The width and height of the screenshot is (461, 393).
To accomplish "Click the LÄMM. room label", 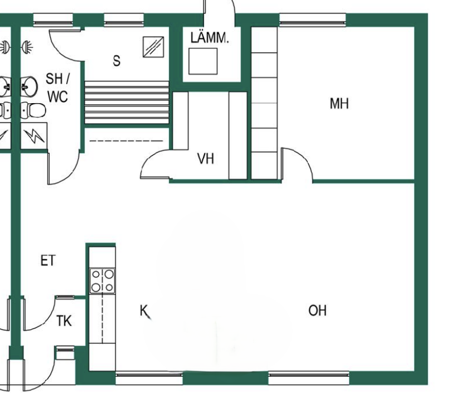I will click(209, 38).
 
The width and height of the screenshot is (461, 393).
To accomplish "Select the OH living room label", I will click(318, 310).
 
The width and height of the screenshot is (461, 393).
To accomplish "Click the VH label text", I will click(206, 160).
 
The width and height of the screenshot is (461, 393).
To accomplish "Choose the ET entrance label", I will click(48, 260).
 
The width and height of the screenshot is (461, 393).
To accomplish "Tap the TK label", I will click(64, 321).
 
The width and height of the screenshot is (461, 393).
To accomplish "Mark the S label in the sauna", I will click(117, 61).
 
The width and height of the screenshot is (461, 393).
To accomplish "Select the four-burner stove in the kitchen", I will click(103, 280).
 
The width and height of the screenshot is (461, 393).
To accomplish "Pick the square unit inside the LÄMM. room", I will click(202, 61).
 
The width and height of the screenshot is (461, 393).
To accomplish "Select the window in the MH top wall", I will click(312, 22).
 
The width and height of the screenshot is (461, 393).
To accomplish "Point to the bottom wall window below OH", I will click(308, 377).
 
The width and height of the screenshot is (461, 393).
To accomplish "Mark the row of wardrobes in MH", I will click(264, 103).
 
